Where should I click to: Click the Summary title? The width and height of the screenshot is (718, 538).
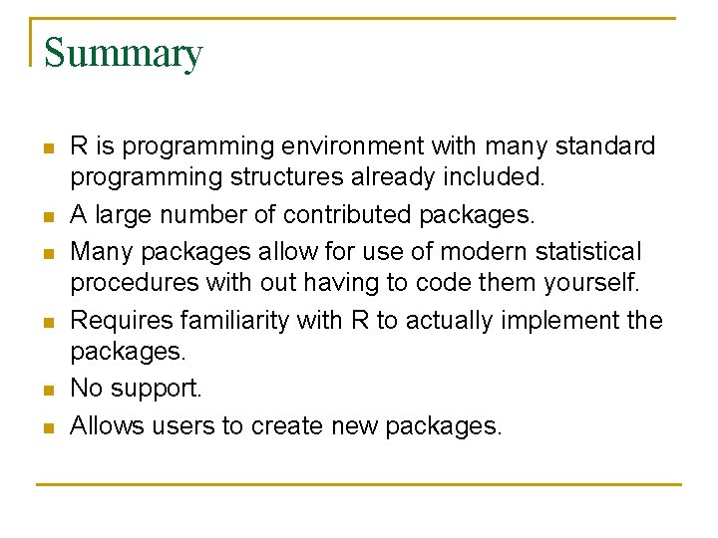[x=123, y=53]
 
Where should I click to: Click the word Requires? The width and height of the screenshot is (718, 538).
[x=120, y=320]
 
